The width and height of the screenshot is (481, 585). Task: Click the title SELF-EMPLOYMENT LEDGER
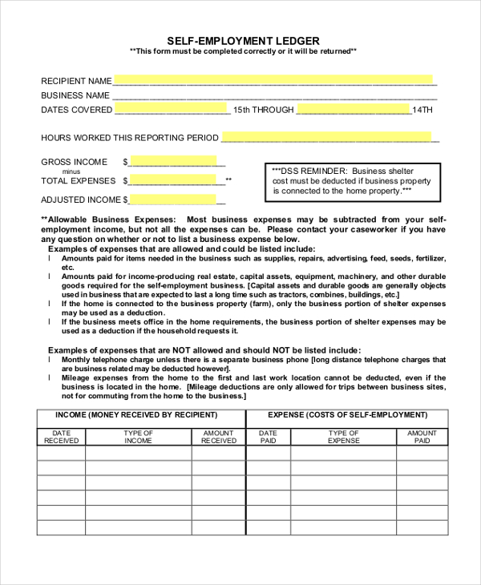point(243,40)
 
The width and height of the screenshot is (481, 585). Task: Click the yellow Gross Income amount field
point(172,161)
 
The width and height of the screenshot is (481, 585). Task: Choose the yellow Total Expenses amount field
point(172,180)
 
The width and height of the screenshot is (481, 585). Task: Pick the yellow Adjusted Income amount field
point(172,200)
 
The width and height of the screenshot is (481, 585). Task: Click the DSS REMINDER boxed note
point(352,181)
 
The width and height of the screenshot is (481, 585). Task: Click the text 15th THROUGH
point(264,110)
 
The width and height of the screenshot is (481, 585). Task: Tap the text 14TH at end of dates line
point(422,110)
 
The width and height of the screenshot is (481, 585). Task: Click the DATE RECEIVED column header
point(61,437)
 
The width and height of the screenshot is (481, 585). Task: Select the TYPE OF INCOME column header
point(138,437)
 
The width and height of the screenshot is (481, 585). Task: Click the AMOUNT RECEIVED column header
point(219,437)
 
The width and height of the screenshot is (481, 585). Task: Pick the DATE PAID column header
point(268,437)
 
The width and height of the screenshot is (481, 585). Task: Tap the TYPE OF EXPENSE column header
point(344,437)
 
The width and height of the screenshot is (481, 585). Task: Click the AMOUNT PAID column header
point(422,437)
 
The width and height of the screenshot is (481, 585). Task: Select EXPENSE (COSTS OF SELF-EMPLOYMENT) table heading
point(347,415)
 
